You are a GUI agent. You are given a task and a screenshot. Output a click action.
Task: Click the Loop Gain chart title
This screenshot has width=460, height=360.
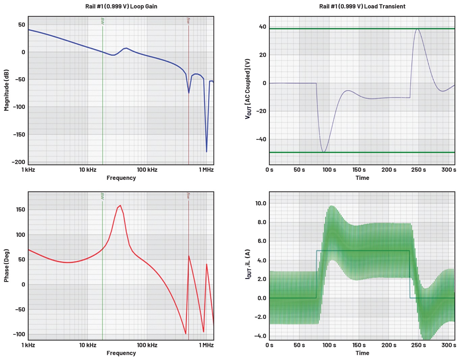point(121,6)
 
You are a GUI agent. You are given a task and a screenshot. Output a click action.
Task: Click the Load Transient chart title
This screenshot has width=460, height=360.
point(362,6)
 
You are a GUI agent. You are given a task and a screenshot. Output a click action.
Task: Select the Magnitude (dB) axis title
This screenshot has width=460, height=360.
point(6,90)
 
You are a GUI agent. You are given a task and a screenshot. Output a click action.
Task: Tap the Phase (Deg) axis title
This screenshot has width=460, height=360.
point(6,266)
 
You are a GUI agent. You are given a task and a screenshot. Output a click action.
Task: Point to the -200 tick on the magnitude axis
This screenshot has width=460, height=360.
point(18,162)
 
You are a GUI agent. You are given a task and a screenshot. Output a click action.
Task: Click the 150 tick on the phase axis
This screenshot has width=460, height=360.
point(20,210)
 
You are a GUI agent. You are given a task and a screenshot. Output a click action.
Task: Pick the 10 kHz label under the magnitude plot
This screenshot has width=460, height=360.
point(88,170)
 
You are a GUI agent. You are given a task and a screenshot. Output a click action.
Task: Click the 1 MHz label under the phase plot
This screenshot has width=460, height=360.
point(206,345)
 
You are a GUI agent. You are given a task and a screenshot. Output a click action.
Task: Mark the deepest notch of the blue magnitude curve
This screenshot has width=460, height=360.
point(207,151)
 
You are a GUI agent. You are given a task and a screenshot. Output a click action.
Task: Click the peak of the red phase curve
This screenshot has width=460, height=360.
point(120,205)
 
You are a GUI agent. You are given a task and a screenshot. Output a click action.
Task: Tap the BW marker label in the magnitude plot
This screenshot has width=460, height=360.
point(103,21)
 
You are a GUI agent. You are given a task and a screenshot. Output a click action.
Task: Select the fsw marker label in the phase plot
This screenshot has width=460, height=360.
point(189,196)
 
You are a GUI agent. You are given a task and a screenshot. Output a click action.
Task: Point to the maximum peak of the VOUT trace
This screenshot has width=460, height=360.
point(417,29)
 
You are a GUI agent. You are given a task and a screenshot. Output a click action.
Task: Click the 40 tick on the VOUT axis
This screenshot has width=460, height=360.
point(263,27)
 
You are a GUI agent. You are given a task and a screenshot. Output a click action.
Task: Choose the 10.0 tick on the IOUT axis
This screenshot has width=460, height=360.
point(261,203)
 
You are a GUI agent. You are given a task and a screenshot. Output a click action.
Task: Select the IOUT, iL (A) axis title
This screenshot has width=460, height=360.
point(248,264)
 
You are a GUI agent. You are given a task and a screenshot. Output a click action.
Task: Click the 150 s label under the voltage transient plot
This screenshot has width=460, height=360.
point(359,170)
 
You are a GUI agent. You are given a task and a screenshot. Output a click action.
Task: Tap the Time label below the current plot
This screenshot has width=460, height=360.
point(362,353)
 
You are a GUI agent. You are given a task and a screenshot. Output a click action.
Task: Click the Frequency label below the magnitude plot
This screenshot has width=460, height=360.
point(121,178)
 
